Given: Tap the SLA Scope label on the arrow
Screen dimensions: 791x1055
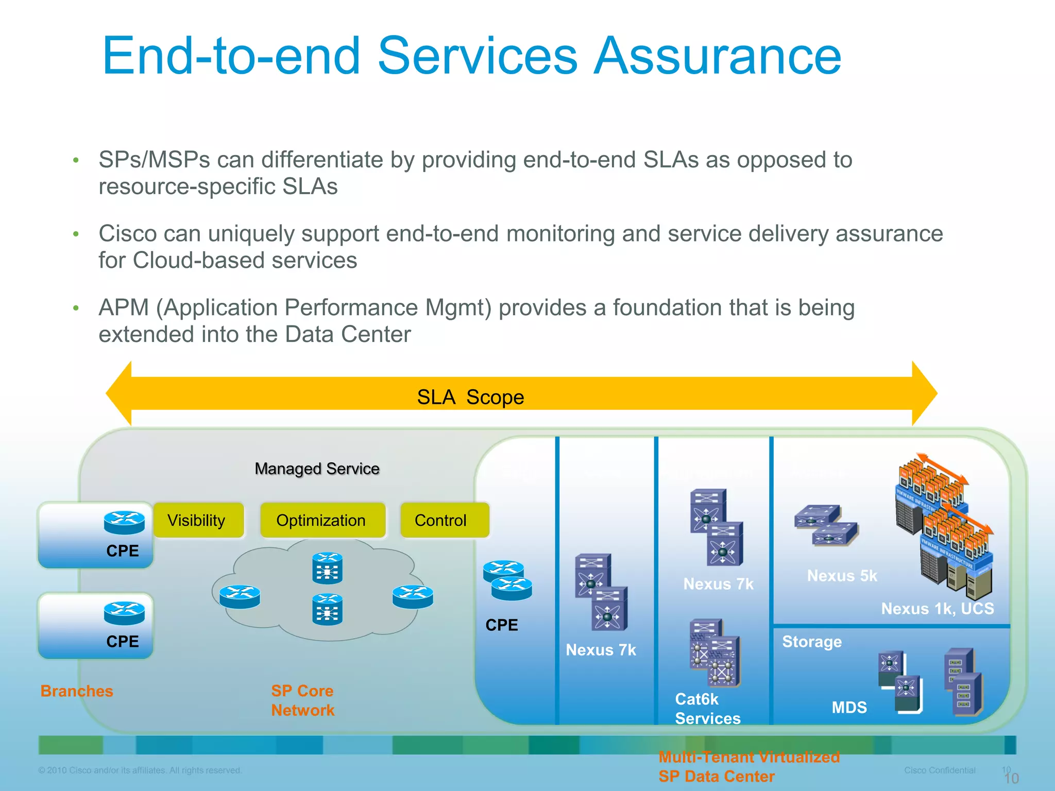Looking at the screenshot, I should tap(470, 397).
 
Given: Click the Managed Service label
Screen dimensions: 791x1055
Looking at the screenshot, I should tap(317, 469).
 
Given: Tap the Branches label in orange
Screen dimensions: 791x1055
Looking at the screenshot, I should tap(77, 691).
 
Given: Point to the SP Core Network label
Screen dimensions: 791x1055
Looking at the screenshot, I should tap(303, 700).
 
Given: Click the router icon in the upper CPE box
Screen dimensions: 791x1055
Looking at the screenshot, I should tap(124, 522).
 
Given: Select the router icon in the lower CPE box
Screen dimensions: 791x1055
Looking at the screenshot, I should tap(124, 613).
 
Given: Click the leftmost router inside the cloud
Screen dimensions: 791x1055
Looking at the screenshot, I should tap(240, 596).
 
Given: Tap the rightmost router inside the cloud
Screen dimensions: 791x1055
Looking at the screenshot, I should tap(413, 596).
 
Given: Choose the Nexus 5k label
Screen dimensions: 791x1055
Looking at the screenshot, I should tap(842, 575).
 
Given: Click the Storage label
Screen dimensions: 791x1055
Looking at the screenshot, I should tap(812, 642).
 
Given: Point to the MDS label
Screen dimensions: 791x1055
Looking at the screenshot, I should tap(849, 707).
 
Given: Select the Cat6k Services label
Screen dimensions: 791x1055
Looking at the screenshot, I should tap(707, 709).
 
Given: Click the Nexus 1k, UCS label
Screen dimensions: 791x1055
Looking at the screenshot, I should tap(938, 608).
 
